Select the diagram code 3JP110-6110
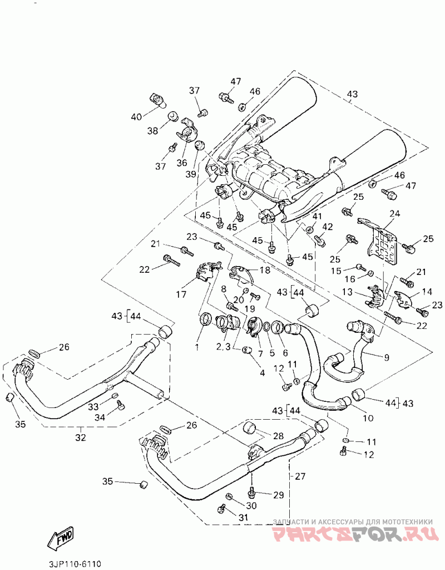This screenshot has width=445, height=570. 75,563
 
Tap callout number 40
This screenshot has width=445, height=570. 136,117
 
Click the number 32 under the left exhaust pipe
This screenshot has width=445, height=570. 81,438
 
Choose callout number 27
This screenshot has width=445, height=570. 300,476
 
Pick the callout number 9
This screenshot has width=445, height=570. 386,357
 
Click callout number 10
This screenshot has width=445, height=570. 368,418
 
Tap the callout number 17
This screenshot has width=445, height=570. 181,294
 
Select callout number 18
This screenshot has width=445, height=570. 265,270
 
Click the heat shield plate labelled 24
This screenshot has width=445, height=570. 381,242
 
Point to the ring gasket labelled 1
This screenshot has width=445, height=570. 205,320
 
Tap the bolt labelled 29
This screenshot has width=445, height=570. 251,492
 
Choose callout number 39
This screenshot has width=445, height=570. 191,174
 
